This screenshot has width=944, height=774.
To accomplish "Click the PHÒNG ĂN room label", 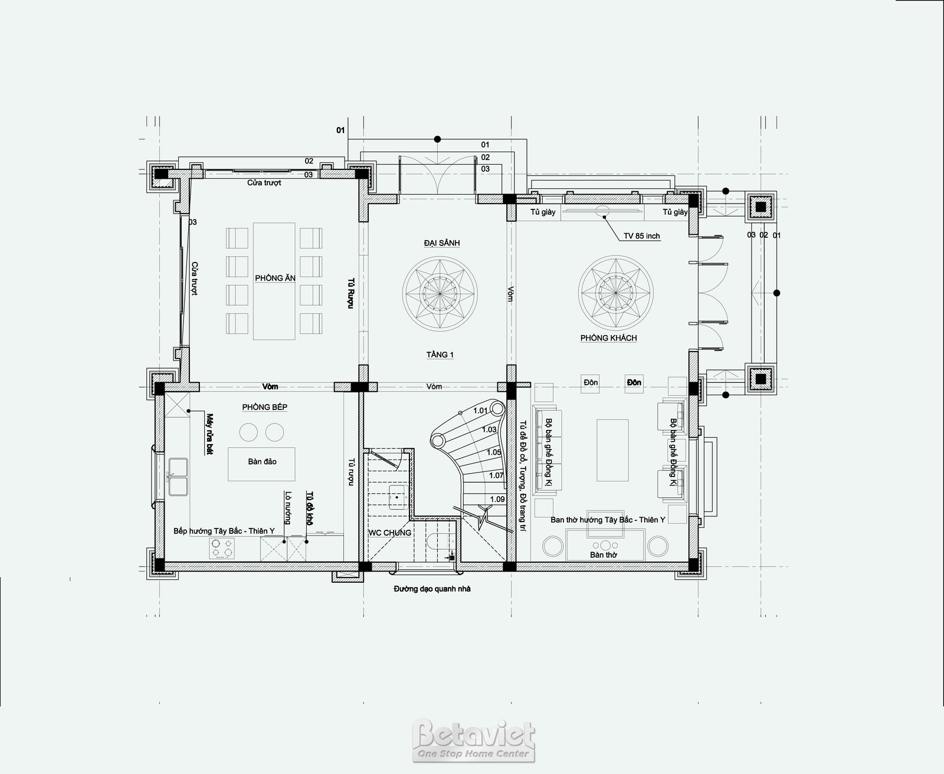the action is point(275,278).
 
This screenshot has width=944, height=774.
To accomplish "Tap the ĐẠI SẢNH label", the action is point(442,242).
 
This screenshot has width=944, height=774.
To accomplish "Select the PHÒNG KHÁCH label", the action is point(608,338).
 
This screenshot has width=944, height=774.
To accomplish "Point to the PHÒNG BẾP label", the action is point(264,407).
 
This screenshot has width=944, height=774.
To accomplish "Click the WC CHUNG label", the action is point(389,533).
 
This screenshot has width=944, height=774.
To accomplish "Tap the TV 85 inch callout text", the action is point(641,236).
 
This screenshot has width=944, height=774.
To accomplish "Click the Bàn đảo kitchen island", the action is point(262,464).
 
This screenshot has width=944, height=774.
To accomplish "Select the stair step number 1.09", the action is point(497,499).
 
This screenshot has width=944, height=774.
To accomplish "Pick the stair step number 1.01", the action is point(480,411).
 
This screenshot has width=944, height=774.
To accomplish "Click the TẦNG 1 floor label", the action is point(440,355).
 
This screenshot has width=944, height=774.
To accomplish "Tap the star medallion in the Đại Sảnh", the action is point(440,294).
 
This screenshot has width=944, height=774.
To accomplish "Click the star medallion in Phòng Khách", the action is point(615,293).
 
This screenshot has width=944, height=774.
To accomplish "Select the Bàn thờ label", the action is point(604,555).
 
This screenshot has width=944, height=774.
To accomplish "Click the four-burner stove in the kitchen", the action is point(222,548).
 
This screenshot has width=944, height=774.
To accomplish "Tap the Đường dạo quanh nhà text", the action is point(432,589).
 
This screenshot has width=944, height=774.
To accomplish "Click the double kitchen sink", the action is point(178,477).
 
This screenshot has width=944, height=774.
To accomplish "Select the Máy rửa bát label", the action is point(209,434).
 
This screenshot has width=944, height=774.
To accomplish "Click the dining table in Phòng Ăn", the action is point(274,281).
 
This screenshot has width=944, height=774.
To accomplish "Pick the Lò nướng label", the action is point(289,507).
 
